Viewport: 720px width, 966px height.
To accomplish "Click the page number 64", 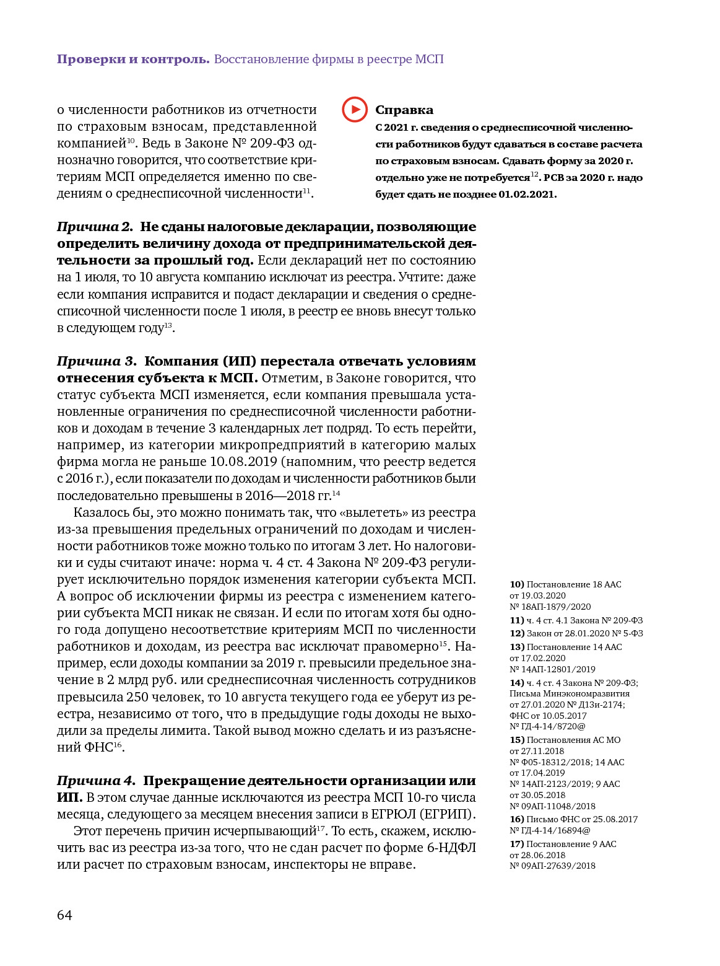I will pyautogui.click(x=64, y=915).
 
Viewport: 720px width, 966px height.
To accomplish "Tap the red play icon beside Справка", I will pyautogui.click(x=355, y=110).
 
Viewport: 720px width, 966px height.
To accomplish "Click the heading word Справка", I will pyautogui.click(x=404, y=110).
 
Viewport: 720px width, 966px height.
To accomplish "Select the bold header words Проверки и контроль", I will pyautogui.click(x=133, y=59).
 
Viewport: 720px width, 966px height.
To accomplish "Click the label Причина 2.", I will pyautogui.click(x=95, y=227).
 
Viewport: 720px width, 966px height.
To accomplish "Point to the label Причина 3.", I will pyautogui.click(x=97, y=361).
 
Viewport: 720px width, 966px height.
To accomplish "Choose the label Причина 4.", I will pyautogui.click(x=96, y=781).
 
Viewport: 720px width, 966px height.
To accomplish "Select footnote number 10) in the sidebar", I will pyautogui.click(x=517, y=584).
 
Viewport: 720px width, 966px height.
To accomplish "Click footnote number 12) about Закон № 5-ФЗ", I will pyautogui.click(x=517, y=633).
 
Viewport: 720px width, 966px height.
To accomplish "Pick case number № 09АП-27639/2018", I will pyautogui.click(x=552, y=866).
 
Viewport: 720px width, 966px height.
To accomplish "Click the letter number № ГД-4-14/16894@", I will pyautogui.click(x=550, y=830).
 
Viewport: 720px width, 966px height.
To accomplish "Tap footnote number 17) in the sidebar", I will pyautogui.click(x=517, y=844).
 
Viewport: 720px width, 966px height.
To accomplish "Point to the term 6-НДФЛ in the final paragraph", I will pyautogui.click(x=451, y=848).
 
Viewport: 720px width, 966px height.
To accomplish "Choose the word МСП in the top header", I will pyautogui.click(x=429, y=59).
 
